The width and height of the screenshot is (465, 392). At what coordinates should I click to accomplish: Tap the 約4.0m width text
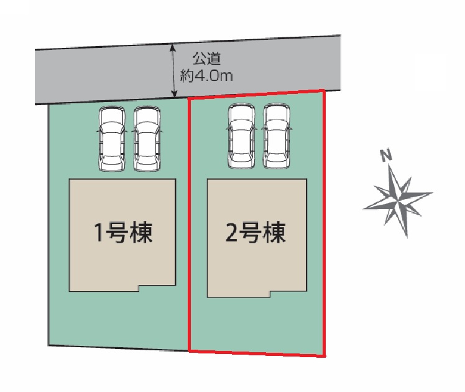[x=206, y=76]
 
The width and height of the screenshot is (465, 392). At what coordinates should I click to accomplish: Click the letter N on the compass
[x=386, y=156]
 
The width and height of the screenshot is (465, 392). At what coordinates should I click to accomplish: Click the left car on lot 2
[x=241, y=137]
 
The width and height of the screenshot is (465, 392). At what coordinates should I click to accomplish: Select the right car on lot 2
[x=277, y=137]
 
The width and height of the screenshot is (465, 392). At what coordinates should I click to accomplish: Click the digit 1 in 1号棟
[x=98, y=234]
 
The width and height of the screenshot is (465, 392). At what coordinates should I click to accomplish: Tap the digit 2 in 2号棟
[x=231, y=234]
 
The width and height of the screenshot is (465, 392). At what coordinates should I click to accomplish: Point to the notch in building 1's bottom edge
[x=138, y=287]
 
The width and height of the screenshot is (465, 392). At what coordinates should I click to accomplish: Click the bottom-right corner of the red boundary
[x=324, y=356]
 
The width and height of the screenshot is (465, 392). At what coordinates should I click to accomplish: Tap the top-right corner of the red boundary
[x=323, y=90]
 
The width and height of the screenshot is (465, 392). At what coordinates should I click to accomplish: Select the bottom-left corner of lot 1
[x=49, y=345]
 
